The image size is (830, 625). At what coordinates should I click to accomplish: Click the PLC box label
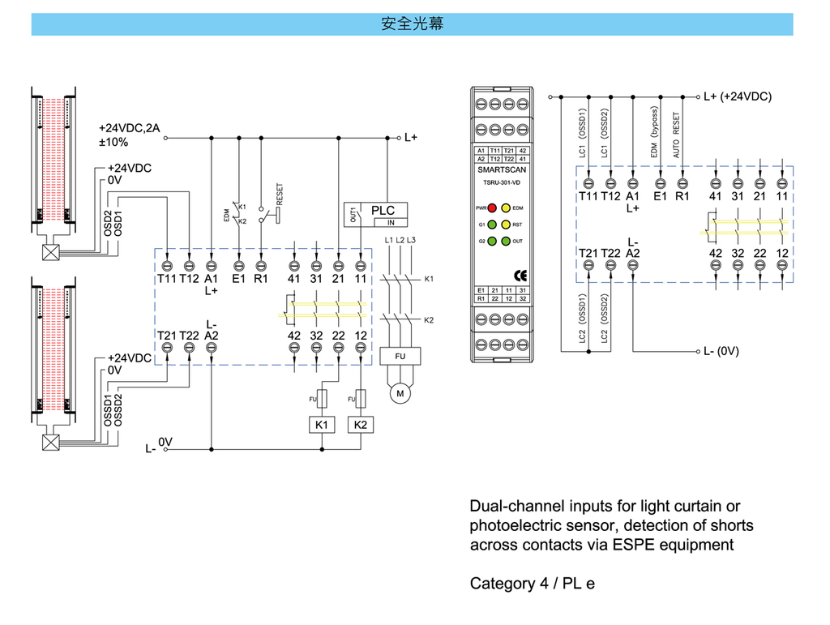coord(383,211)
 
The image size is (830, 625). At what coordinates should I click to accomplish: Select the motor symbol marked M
coord(399,393)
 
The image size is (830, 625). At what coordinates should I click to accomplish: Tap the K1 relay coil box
coord(322,425)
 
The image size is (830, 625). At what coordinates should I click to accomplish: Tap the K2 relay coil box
coord(360,425)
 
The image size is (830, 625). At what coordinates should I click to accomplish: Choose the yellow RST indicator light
coord(505,225)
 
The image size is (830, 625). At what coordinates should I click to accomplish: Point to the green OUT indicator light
coord(505,241)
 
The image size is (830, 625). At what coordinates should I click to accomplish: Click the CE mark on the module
coord(498,272)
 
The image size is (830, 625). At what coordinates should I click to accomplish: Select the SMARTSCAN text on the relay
coord(498,170)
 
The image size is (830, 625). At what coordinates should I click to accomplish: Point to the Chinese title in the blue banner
coord(413,24)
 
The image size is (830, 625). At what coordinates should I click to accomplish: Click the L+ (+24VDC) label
coord(738,96)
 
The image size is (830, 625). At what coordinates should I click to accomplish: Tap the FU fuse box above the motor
coord(400,356)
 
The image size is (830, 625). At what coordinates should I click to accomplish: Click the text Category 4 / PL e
coord(532,584)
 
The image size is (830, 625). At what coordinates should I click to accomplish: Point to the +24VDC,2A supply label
coord(130,129)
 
